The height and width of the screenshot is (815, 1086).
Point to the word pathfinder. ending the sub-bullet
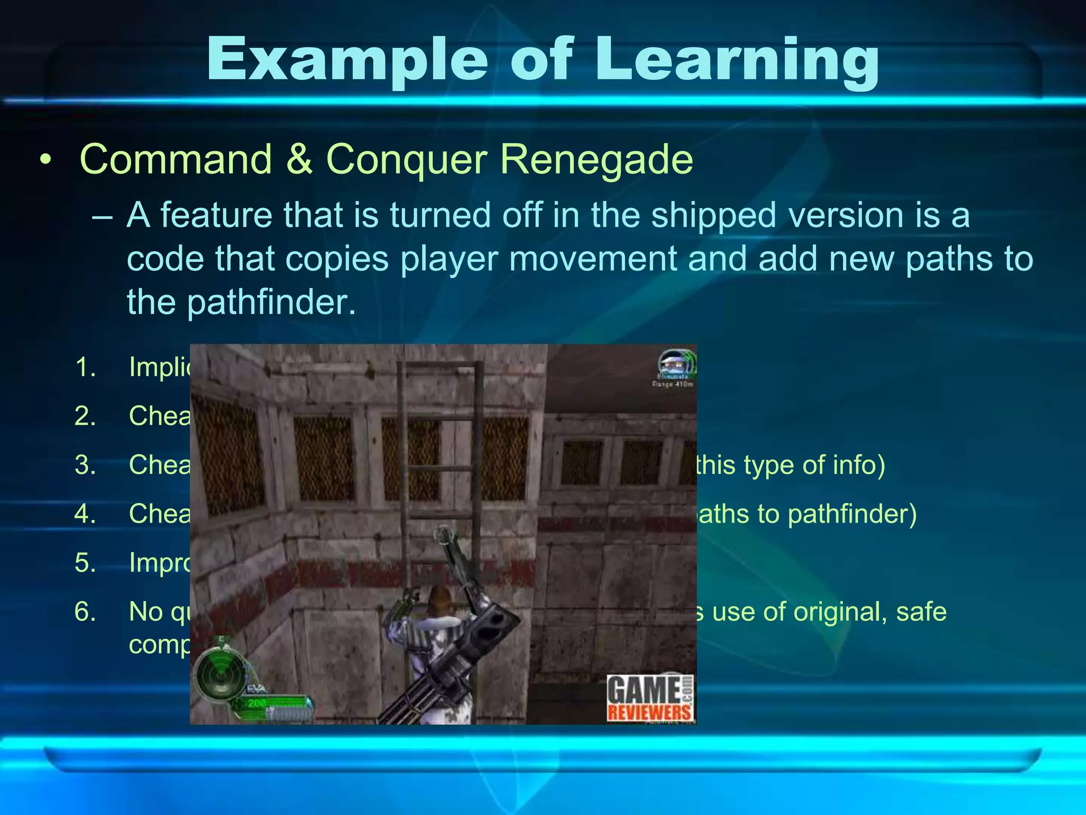(271, 302)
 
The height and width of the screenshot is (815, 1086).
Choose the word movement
(592, 259)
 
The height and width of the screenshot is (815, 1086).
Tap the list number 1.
(85, 367)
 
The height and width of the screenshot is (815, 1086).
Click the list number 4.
(85, 514)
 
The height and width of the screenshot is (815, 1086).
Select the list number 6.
(85, 612)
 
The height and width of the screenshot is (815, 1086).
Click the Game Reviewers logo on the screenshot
(650, 698)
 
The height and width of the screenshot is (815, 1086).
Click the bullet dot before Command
(46, 160)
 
